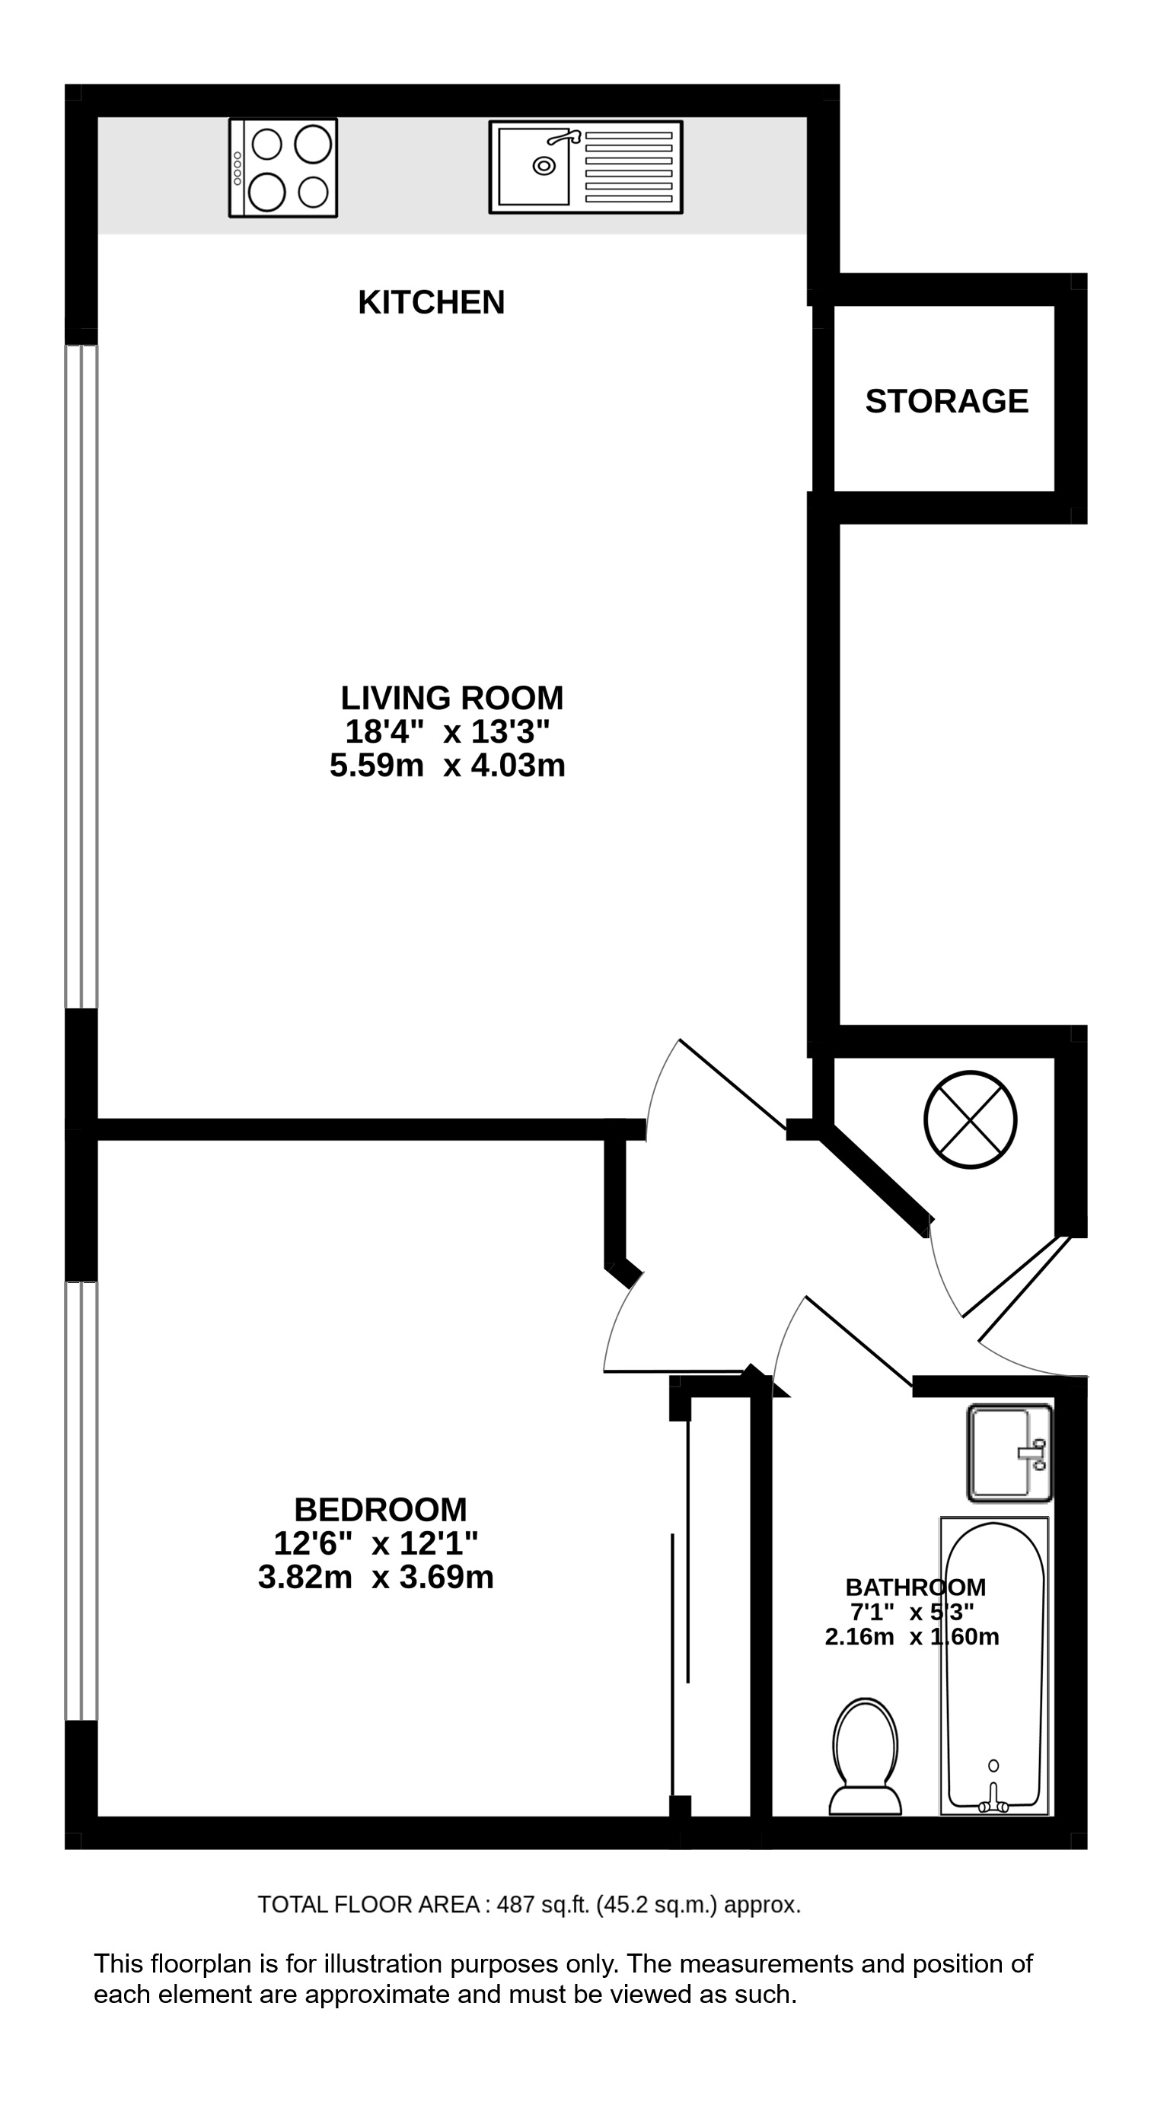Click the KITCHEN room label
(432, 303)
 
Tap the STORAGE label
(947, 401)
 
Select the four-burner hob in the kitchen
(283, 167)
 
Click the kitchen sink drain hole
(544, 166)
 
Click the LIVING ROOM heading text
(451, 698)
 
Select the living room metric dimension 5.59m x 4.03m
(448, 766)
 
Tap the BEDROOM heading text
(381, 1510)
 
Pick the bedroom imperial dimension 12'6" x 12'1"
(375, 1543)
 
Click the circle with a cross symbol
(971, 1120)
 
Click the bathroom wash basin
(1010, 1454)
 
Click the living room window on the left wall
(82, 676)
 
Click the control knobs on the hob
(238, 167)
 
